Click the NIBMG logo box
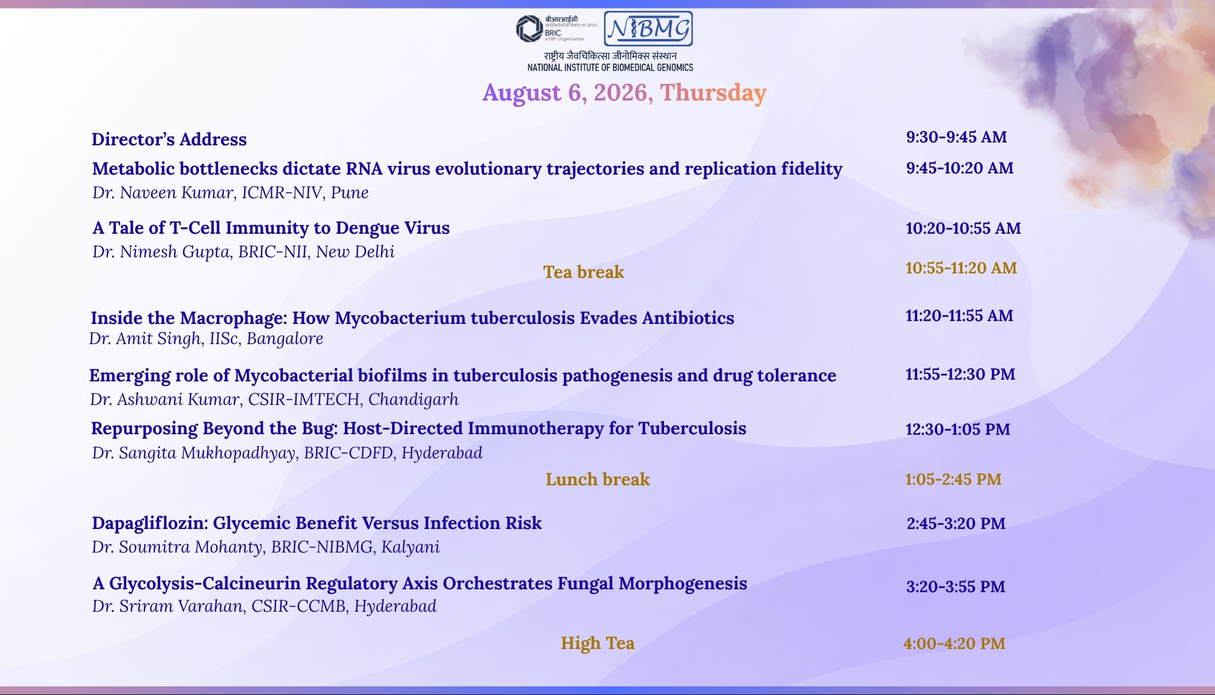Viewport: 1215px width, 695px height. (x=648, y=29)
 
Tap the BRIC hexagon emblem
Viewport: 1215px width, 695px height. (x=529, y=29)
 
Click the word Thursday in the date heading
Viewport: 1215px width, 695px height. (x=713, y=93)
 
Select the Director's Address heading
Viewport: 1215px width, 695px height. (x=169, y=139)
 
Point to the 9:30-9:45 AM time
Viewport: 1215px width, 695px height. (x=956, y=137)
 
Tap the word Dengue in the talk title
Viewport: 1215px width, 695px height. (x=365, y=228)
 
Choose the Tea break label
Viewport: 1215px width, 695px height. (x=584, y=272)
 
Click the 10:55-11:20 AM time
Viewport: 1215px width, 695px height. (x=961, y=268)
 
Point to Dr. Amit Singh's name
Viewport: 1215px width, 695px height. (x=145, y=339)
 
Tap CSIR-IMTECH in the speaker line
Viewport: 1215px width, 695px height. (x=303, y=399)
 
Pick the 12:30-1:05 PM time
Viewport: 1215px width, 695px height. (x=958, y=429)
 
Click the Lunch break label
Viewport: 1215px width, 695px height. (x=597, y=479)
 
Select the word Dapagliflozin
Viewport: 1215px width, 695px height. (x=149, y=523)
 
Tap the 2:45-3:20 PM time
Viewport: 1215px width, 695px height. (x=956, y=524)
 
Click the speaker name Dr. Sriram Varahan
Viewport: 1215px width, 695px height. (x=167, y=606)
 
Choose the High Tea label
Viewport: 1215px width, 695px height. (x=597, y=643)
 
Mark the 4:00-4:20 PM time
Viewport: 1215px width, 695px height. (x=954, y=644)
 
